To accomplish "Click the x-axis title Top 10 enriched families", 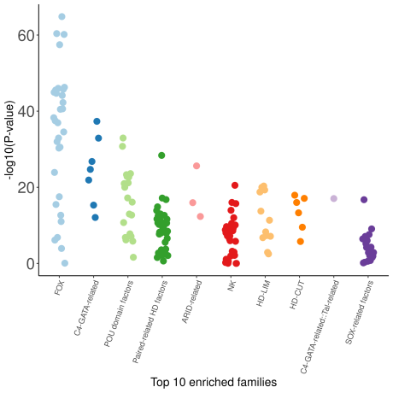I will tap(213, 383).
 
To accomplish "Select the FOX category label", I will tap(60, 288).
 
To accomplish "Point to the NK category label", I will tap(230, 286).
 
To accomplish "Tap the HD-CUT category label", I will tap(296, 295).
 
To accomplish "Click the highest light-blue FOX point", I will tap(62, 17).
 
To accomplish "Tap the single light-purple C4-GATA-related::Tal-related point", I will tap(334, 198).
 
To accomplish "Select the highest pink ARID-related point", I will tap(196, 166).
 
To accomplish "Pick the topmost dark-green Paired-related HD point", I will tap(161, 155).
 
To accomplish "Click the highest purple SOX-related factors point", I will tap(364, 200).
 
